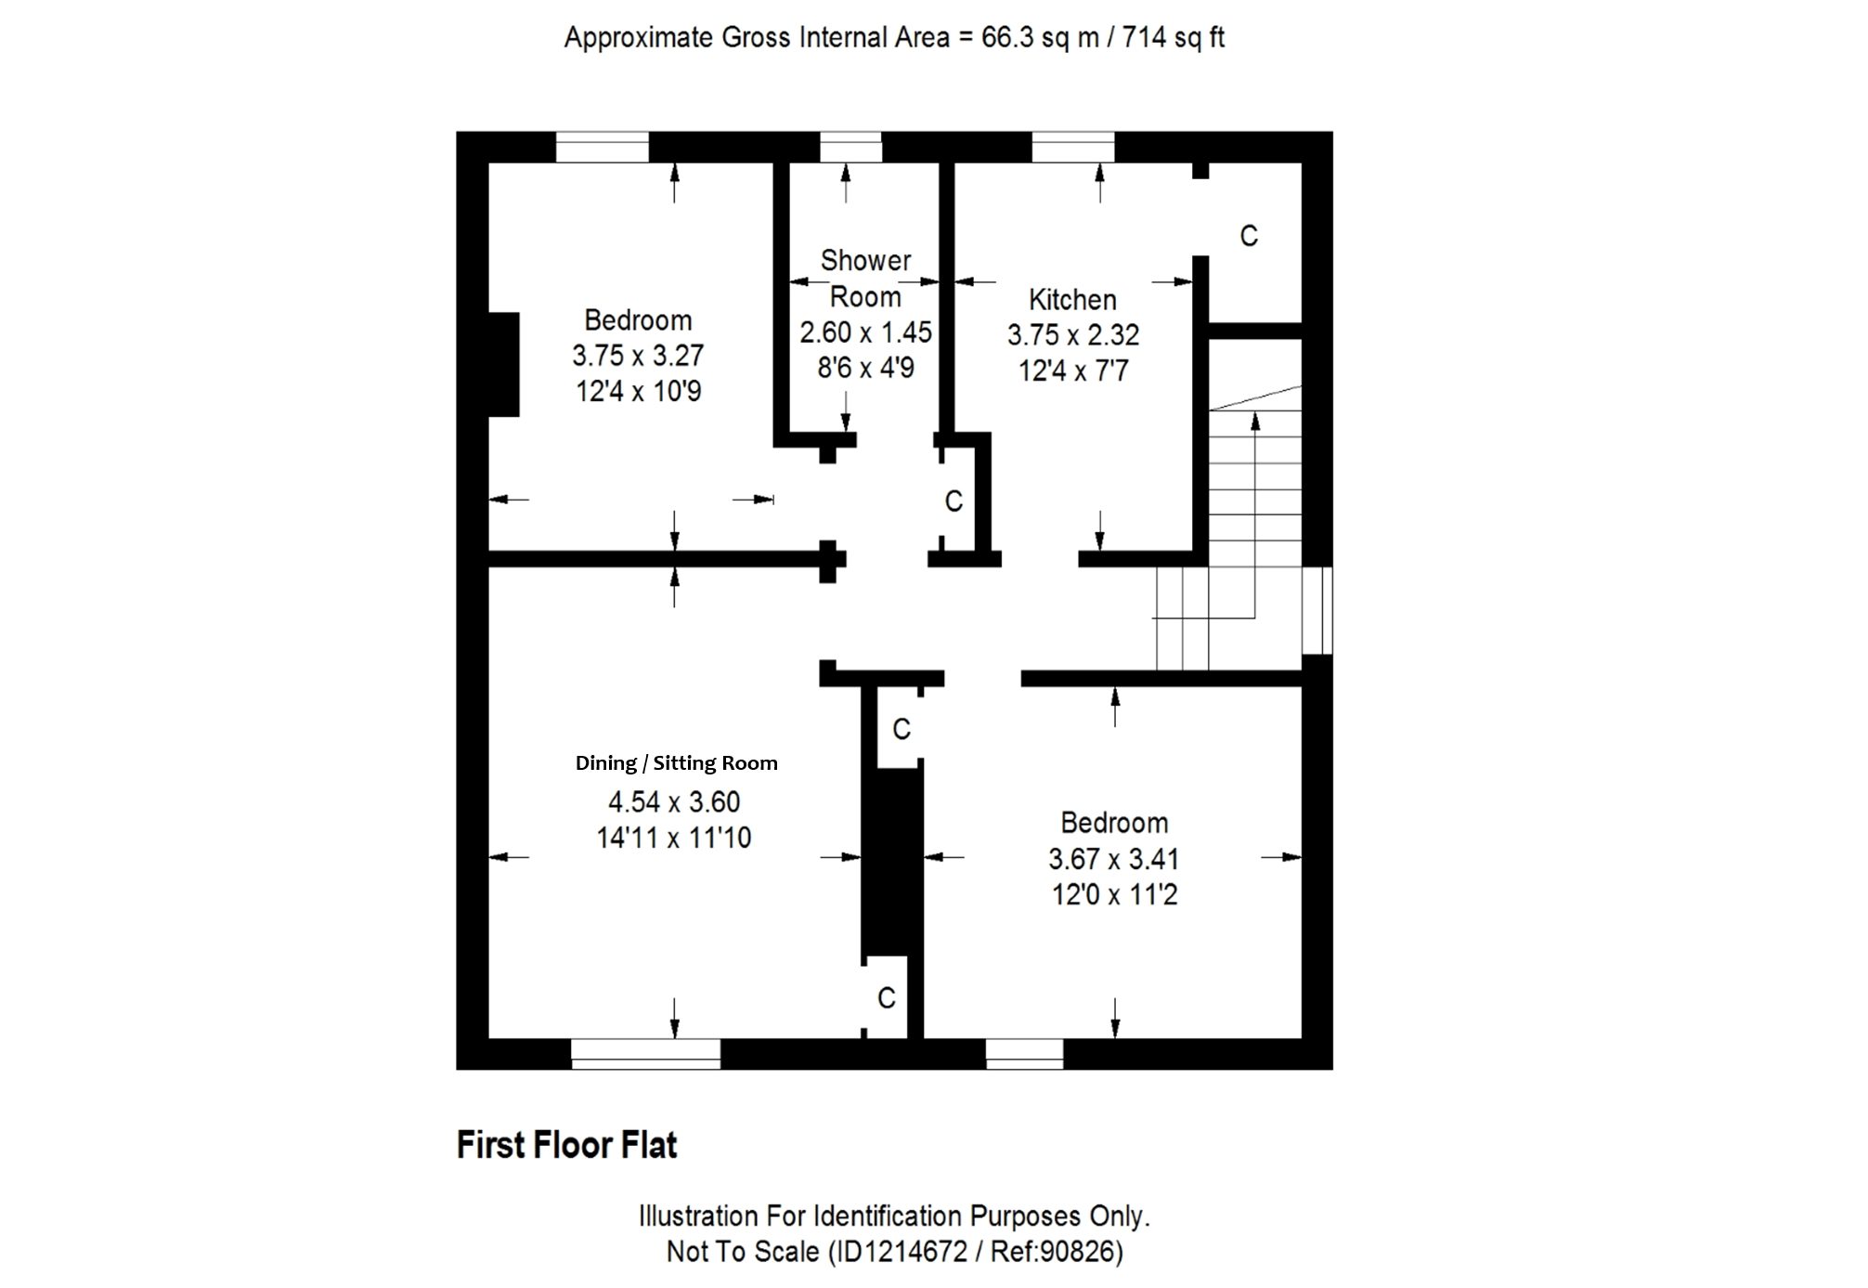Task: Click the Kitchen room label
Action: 1072,300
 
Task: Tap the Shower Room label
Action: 865,279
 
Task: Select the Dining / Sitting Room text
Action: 677,763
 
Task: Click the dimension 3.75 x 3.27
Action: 638,356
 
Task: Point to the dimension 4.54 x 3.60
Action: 674,801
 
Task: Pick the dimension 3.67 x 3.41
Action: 1114,859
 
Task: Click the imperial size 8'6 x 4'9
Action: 865,368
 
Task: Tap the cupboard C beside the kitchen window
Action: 1249,236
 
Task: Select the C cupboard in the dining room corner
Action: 887,997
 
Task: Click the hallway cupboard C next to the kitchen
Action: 953,501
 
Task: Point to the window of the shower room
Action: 850,148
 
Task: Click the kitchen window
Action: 1073,148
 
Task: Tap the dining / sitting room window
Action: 645,1053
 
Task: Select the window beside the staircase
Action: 1317,610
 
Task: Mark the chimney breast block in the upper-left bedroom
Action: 503,364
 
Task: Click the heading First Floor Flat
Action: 566,1145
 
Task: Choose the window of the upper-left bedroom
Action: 602,148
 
